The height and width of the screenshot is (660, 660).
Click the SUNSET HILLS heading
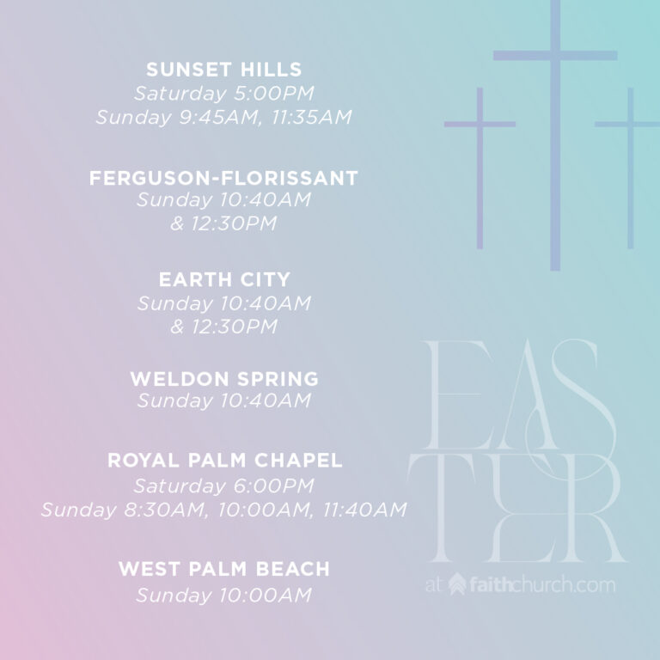coord(224,70)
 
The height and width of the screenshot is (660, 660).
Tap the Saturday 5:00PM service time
coord(224,94)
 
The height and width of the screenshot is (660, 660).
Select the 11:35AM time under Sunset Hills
coord(311,117)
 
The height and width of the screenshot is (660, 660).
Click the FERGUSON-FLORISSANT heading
coord(223,178)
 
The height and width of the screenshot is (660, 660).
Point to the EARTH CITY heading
coord(224,279)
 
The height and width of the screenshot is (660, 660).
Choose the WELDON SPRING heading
coord(224,379)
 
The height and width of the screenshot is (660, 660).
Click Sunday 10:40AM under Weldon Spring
coord(224,400)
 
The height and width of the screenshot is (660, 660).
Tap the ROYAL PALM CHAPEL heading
coord(225,460)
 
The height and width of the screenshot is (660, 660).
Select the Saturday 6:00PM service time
coord(224,486)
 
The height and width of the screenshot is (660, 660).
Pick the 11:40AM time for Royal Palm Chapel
coord(364,510)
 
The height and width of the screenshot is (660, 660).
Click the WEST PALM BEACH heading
coord(224,569)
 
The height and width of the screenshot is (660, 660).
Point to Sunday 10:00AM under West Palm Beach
coord(224,596)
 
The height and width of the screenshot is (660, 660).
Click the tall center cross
coord(555,135)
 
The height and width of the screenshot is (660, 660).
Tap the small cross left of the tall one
coord(480,168)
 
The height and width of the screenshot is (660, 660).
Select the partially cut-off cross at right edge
coord(630,168)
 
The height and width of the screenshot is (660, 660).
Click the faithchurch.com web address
coord(542,585)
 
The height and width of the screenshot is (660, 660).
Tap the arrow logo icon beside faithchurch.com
coord(457,584)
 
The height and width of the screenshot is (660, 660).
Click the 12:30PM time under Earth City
coord(235,327)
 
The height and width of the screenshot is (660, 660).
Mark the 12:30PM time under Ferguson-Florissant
coord(234,223)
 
